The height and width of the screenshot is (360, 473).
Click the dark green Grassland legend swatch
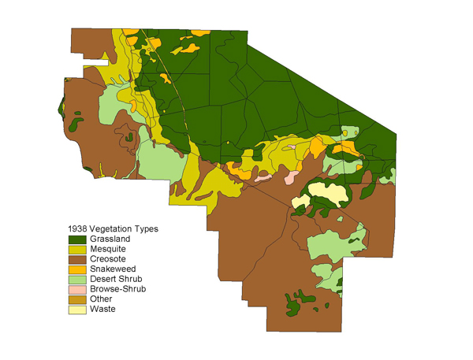pos(76,239)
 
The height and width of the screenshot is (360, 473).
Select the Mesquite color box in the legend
pos(76,249)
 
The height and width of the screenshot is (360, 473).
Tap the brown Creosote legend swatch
pos(76,259)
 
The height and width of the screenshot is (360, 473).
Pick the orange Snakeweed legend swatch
pos(76,269)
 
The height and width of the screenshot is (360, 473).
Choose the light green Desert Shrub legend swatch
pos(76,279)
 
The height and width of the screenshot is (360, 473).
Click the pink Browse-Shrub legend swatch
pos(76,289)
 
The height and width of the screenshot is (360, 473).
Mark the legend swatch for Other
pos(76,299)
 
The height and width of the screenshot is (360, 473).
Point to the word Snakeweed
pos(110,269)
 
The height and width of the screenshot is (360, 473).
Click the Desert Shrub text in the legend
pos(114,279)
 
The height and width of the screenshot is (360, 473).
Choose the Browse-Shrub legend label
pos(115,289)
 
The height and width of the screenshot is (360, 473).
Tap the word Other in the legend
pos(100,299)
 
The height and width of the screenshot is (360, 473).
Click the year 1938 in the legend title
pos(76,229)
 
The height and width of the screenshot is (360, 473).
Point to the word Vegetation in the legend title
pos(111,229)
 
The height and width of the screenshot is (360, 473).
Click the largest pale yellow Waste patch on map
pos(326,191)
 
